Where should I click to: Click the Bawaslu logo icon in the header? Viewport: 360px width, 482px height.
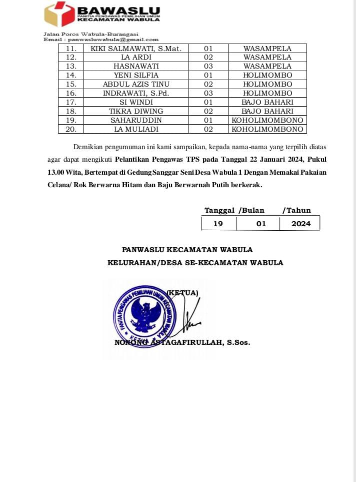[x=58, y=14]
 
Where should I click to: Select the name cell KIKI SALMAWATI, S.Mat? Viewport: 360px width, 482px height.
[x=136, y=49]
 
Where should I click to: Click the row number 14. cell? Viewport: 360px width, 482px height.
[x=71, y=75]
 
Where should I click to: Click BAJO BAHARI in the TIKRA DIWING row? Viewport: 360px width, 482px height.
[x=267, y=111]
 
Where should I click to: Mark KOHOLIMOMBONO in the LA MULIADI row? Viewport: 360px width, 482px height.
[x=267, y=129]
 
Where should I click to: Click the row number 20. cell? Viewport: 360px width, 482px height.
[x=71, y=129]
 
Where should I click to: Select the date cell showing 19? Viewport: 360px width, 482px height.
[x=218, y=224]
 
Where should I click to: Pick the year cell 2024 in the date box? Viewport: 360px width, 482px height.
[x=301, y=224]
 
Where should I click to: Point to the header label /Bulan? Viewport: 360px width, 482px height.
[x=251, y=211]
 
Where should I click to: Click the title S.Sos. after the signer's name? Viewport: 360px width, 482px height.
[x=238, y=343]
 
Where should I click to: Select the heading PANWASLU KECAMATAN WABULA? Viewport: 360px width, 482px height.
[x=187, y=250]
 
